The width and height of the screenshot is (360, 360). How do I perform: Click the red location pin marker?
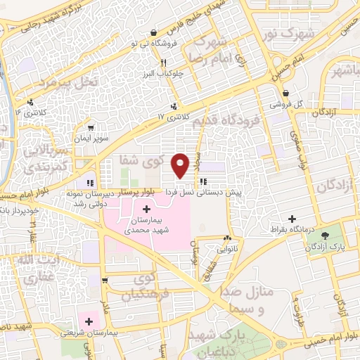181,165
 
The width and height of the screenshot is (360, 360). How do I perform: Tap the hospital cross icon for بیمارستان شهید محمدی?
146,209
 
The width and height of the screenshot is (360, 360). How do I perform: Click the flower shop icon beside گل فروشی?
285,94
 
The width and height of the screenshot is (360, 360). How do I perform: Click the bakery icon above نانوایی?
226,238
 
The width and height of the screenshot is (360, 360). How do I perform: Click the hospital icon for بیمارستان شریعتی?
89,321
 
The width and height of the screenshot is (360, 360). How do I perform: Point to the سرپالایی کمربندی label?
50,159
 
